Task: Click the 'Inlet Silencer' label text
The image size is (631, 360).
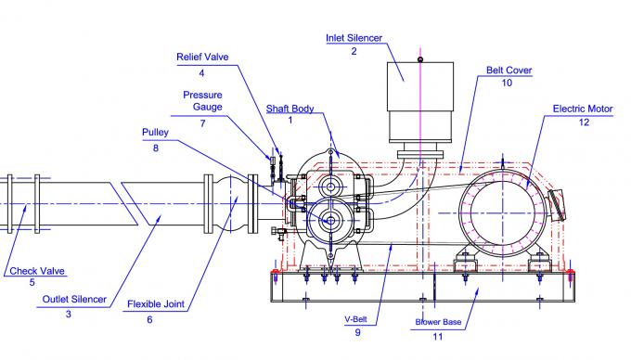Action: click(354, 38)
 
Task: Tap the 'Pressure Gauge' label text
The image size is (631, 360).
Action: click(202, 100)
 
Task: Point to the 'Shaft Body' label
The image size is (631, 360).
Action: click(290, 108)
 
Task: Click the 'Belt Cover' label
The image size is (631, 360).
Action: click(507, 70)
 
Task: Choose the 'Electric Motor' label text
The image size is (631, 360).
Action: click(583, 109)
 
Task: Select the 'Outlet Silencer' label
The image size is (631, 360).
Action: click(74, 300)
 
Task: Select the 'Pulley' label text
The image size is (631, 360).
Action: click(155, 133)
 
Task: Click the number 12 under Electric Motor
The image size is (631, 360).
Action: click(583, 122)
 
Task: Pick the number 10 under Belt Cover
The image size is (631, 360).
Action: click(507, 84)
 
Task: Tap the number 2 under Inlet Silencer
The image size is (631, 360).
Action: click(354, 51)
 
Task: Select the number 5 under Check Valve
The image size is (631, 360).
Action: click(32, 283)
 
